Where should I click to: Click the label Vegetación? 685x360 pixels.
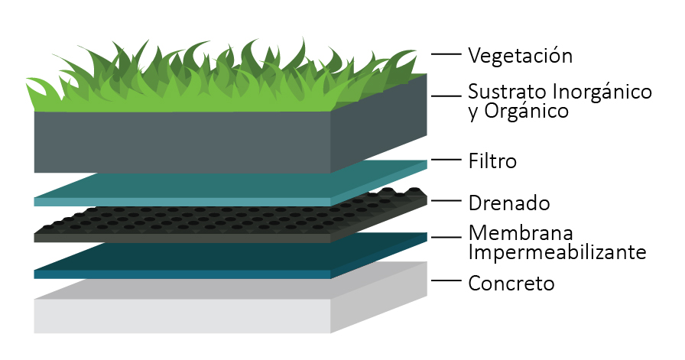pyautogui.click(x=520, y=56)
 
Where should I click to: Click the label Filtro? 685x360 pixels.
pyautogui.click(x=492, y=161)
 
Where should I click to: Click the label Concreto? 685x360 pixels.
pyautogui.click(x=511, y=284)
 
